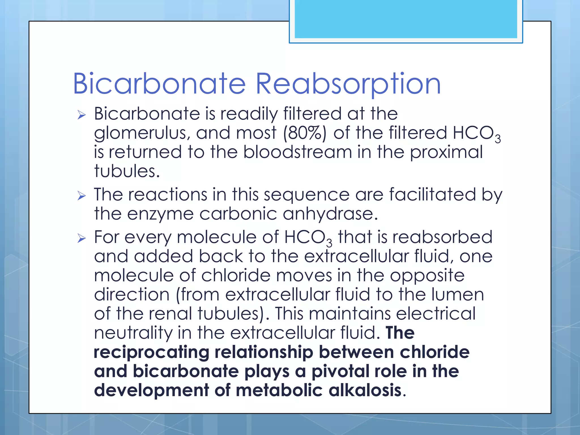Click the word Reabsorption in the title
coord(348,84)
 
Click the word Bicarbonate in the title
coord(159,84)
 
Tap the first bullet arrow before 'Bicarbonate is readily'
coord(82,115)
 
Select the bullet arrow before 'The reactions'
coord(82,196)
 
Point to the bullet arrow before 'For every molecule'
coord(82,238)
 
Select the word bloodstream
coord(297,152)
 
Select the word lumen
coord(458,295)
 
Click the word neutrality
coord(133,333)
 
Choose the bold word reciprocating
coord(151,353)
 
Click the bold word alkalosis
coord(365,390)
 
